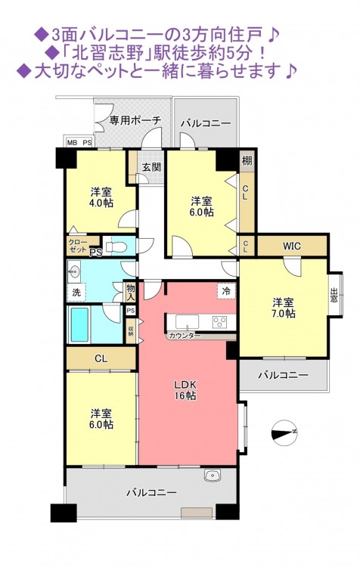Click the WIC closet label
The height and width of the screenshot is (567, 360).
[292, 246]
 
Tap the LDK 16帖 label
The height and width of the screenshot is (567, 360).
[186, 390]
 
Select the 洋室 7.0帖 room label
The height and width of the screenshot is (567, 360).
[284, 308]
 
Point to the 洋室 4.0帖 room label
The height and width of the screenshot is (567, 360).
[101, 197]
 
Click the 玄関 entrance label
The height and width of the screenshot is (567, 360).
[151, 167]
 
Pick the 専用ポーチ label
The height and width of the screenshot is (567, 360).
[135, 120]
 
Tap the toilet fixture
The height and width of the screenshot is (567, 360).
[117, 246]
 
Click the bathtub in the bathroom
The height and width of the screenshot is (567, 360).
[79, 324]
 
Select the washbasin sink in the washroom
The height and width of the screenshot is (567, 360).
[75, 271]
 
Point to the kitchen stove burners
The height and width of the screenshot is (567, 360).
[219, 321]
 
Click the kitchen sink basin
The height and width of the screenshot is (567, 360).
[187, 321]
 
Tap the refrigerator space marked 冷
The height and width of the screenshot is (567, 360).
[226, 291]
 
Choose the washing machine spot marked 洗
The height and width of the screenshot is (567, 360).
[76, 292]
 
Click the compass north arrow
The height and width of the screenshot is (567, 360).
[284, 432]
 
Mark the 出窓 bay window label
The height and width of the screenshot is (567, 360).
[334, 295]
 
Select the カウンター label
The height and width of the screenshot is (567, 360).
[185, 336]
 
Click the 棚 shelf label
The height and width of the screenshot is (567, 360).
[247, 160]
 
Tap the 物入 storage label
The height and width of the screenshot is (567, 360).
[131, 292]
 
